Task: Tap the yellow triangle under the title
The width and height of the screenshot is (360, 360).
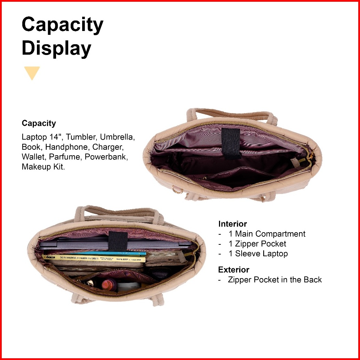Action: click(x=32, y=73)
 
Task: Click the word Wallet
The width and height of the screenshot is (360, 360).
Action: click(x=33, y=157)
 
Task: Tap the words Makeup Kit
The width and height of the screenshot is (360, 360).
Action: click(x=43, y=167)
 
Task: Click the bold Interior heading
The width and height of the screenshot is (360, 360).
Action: click(x=233, y=224)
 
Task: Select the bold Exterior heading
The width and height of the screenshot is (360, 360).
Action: click(x=234, y=270)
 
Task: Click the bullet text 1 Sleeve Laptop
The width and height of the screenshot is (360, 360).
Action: click(x=258, y=254)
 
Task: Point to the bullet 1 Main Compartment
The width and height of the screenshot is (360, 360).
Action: click(x=267, y=234)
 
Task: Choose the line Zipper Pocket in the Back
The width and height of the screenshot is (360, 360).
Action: click(x=275, y=280)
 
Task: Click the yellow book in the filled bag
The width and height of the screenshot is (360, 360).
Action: click(x=94, y=259)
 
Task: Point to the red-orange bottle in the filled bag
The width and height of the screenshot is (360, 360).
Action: click(x=107, y=284)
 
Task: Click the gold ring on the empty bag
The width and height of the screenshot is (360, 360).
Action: click(x=177, y=190)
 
